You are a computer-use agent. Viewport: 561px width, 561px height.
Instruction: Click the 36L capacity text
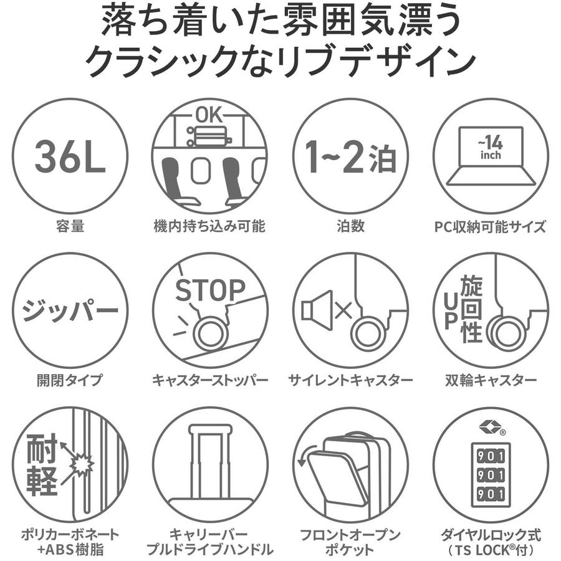tap(70, 156)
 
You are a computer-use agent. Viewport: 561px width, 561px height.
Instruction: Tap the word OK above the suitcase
tap(209, 115)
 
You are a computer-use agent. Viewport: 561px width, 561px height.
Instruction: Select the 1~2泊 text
tap(350, 157)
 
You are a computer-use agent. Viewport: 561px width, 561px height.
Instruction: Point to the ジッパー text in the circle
tap(70, 310)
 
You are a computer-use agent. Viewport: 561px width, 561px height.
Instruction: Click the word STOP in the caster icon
tap(210, 290)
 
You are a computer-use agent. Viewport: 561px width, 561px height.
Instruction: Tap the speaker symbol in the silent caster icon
tap(317, 310)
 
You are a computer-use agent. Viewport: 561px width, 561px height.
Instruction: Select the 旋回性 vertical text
tap(471, 309)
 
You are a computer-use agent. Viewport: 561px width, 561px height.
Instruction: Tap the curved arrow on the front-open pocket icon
tap(307, 454)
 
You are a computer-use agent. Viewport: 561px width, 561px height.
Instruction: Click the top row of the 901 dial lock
tap(491, 456)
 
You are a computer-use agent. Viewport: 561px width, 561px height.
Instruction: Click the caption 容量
tap(70, 226)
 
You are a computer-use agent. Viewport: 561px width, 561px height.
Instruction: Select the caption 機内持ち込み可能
tap(209, 226)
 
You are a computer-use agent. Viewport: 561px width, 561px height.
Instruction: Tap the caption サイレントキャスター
tap(350, 380)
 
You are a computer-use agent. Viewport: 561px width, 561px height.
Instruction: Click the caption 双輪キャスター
tap(491, 380)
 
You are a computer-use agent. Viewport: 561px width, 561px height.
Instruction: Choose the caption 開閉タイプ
tap(70, 380)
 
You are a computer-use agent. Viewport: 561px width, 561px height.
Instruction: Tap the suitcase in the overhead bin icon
tap(209, 137)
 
